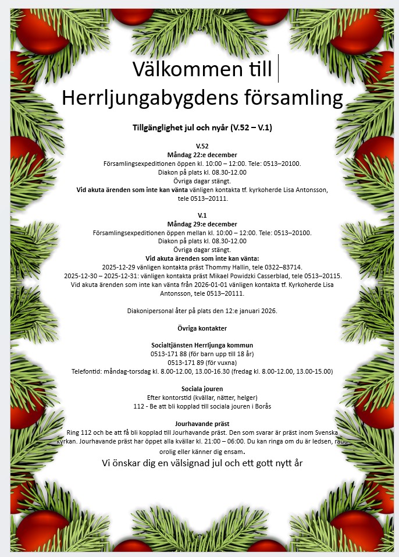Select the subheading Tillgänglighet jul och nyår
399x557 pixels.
coord(180,127)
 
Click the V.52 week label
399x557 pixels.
coord(202,146)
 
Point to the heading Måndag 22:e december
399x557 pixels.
coord(202,155)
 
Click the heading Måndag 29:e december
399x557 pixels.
coord(202,224)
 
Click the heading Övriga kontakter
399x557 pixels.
coord(202,328)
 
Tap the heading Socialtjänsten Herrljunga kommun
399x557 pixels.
coord(202,345)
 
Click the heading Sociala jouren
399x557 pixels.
coord(202,389)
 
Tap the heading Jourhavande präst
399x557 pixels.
coord(202,424)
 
